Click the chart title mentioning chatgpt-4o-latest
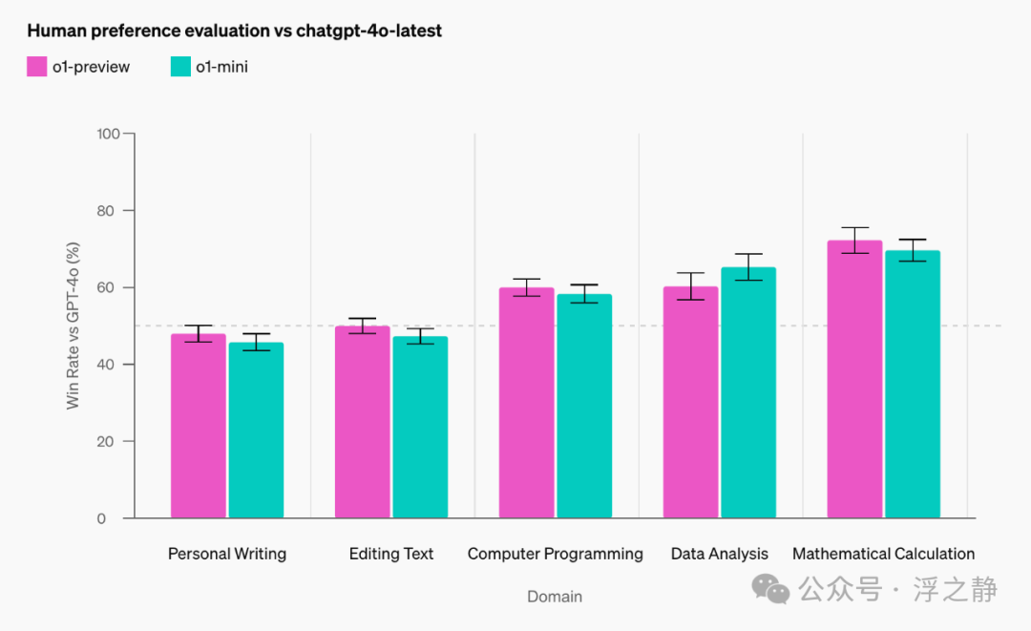pos(234,31)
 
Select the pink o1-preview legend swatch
pos(37,67)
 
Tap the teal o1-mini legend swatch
pos(180,67)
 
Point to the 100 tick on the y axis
pos(108,134)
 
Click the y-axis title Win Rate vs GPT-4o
pos(74,326)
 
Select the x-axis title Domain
pos(555,597)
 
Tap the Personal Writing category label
pos(227,554)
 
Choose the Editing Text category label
pos(391,554)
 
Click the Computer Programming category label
pos(555,554)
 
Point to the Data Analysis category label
pos(719,554)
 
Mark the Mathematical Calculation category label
pos(883,554)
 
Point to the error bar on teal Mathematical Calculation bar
pos(913,250)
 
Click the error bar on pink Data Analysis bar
pos(691,286)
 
